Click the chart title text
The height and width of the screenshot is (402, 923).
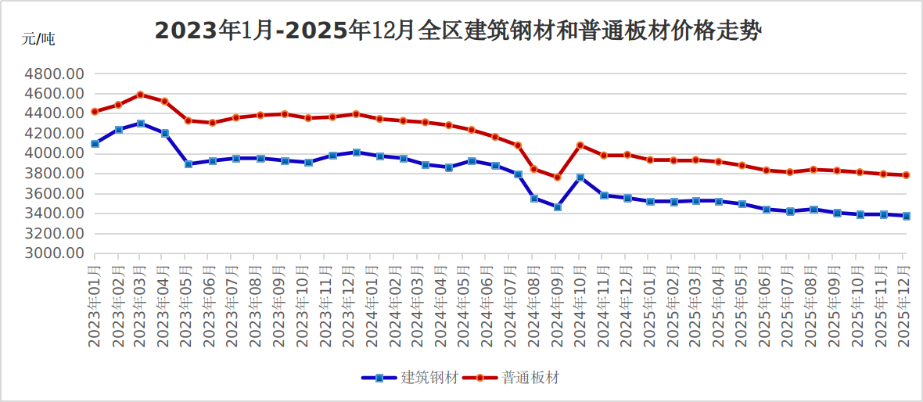click(x=458, y=31)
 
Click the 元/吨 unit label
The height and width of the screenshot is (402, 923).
click(x=38, y=40)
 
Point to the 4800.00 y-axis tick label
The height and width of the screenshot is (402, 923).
click(x=54, y=74)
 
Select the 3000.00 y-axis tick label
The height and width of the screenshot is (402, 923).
click(x=54, y=253)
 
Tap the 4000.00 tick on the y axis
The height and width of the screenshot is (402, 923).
click(x=54, y=154)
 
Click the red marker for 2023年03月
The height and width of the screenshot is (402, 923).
click(x=141, y=95)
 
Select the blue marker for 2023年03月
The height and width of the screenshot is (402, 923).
click(x=141, y=124)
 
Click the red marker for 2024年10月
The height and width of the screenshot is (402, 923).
click(x=580, y=145)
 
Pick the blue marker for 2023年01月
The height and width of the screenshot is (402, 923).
click(x=95, y=144)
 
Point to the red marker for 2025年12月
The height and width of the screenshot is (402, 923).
click(x=906, y=175)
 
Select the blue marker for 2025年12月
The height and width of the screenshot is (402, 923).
click(x=906, y=216)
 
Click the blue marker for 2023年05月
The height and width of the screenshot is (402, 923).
click(x=189, y=164)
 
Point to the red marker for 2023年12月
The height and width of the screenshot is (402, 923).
click(x=356, y=114)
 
